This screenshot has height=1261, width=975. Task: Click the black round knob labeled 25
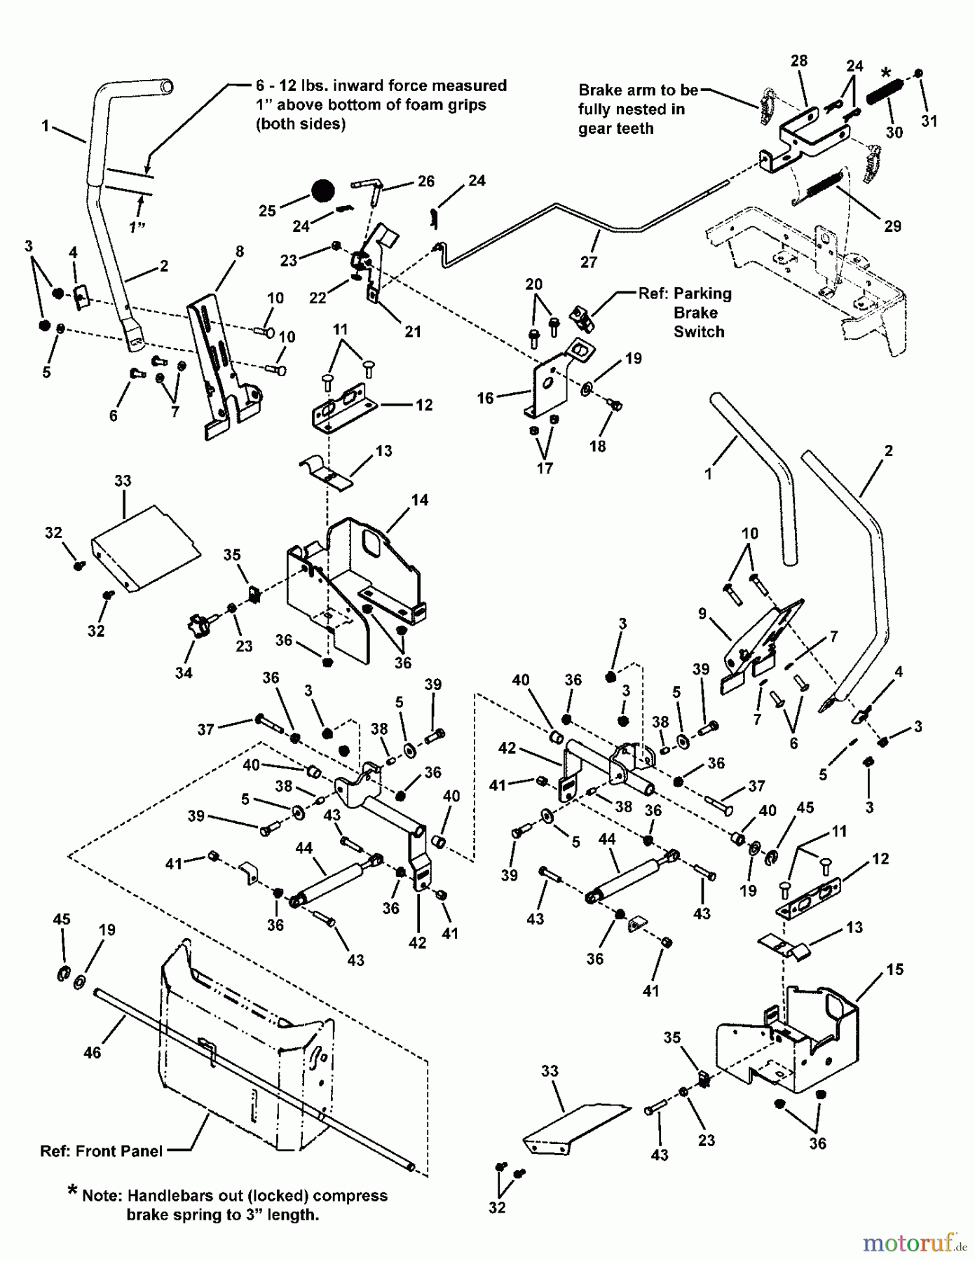point(322,191)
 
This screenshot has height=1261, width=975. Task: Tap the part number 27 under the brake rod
point(589,262)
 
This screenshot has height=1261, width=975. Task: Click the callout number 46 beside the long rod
point(93,1052)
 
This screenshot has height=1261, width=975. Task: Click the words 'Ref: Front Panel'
point(101,1150)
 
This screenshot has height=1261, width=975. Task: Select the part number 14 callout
point(420,500)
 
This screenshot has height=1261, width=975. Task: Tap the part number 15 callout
point(895,970)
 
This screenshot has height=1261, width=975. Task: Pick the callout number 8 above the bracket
point(240,251)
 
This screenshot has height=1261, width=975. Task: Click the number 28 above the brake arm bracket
point(799,61)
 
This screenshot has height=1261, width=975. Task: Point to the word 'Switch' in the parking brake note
point(698,332)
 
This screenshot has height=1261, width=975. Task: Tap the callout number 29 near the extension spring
point(892,226)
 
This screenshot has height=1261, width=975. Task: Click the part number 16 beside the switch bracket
point(486,398)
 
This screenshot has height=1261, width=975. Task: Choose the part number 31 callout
point(929,121)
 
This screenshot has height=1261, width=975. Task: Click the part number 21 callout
point(413,331)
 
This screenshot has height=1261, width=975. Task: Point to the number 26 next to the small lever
point(425,181)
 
